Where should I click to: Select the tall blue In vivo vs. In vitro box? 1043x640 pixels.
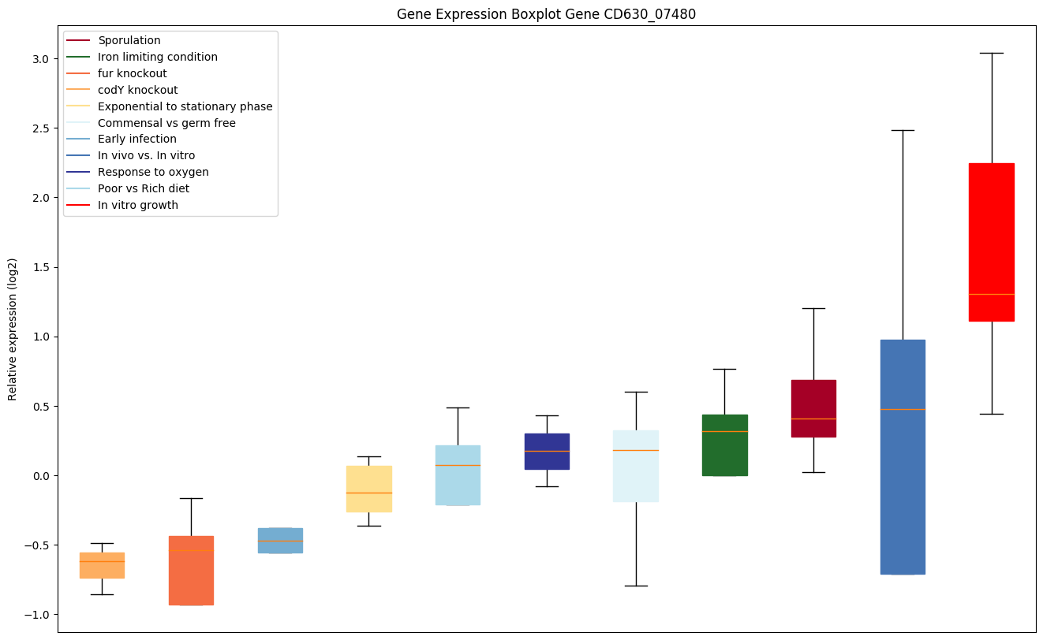(902, 457)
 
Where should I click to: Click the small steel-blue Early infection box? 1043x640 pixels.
(280, 541)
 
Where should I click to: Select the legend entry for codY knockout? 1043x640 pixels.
(137, 90)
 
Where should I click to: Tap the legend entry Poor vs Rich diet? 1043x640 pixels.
(143, 188)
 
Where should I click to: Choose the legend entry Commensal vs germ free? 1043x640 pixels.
(166, 123)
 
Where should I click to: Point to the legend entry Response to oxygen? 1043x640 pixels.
(153, 172)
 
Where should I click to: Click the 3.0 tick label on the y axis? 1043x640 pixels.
(42, 59)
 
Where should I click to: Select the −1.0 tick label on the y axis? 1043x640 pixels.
(39, 615)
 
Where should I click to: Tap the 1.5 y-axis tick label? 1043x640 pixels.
(42, 267)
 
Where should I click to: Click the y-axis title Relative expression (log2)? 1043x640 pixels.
(13, 329)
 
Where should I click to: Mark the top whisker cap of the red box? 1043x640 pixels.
(991, 53)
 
